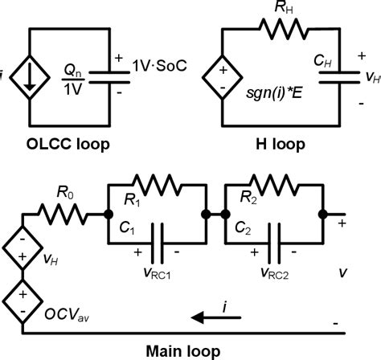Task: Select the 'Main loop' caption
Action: (x=190, y=350)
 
